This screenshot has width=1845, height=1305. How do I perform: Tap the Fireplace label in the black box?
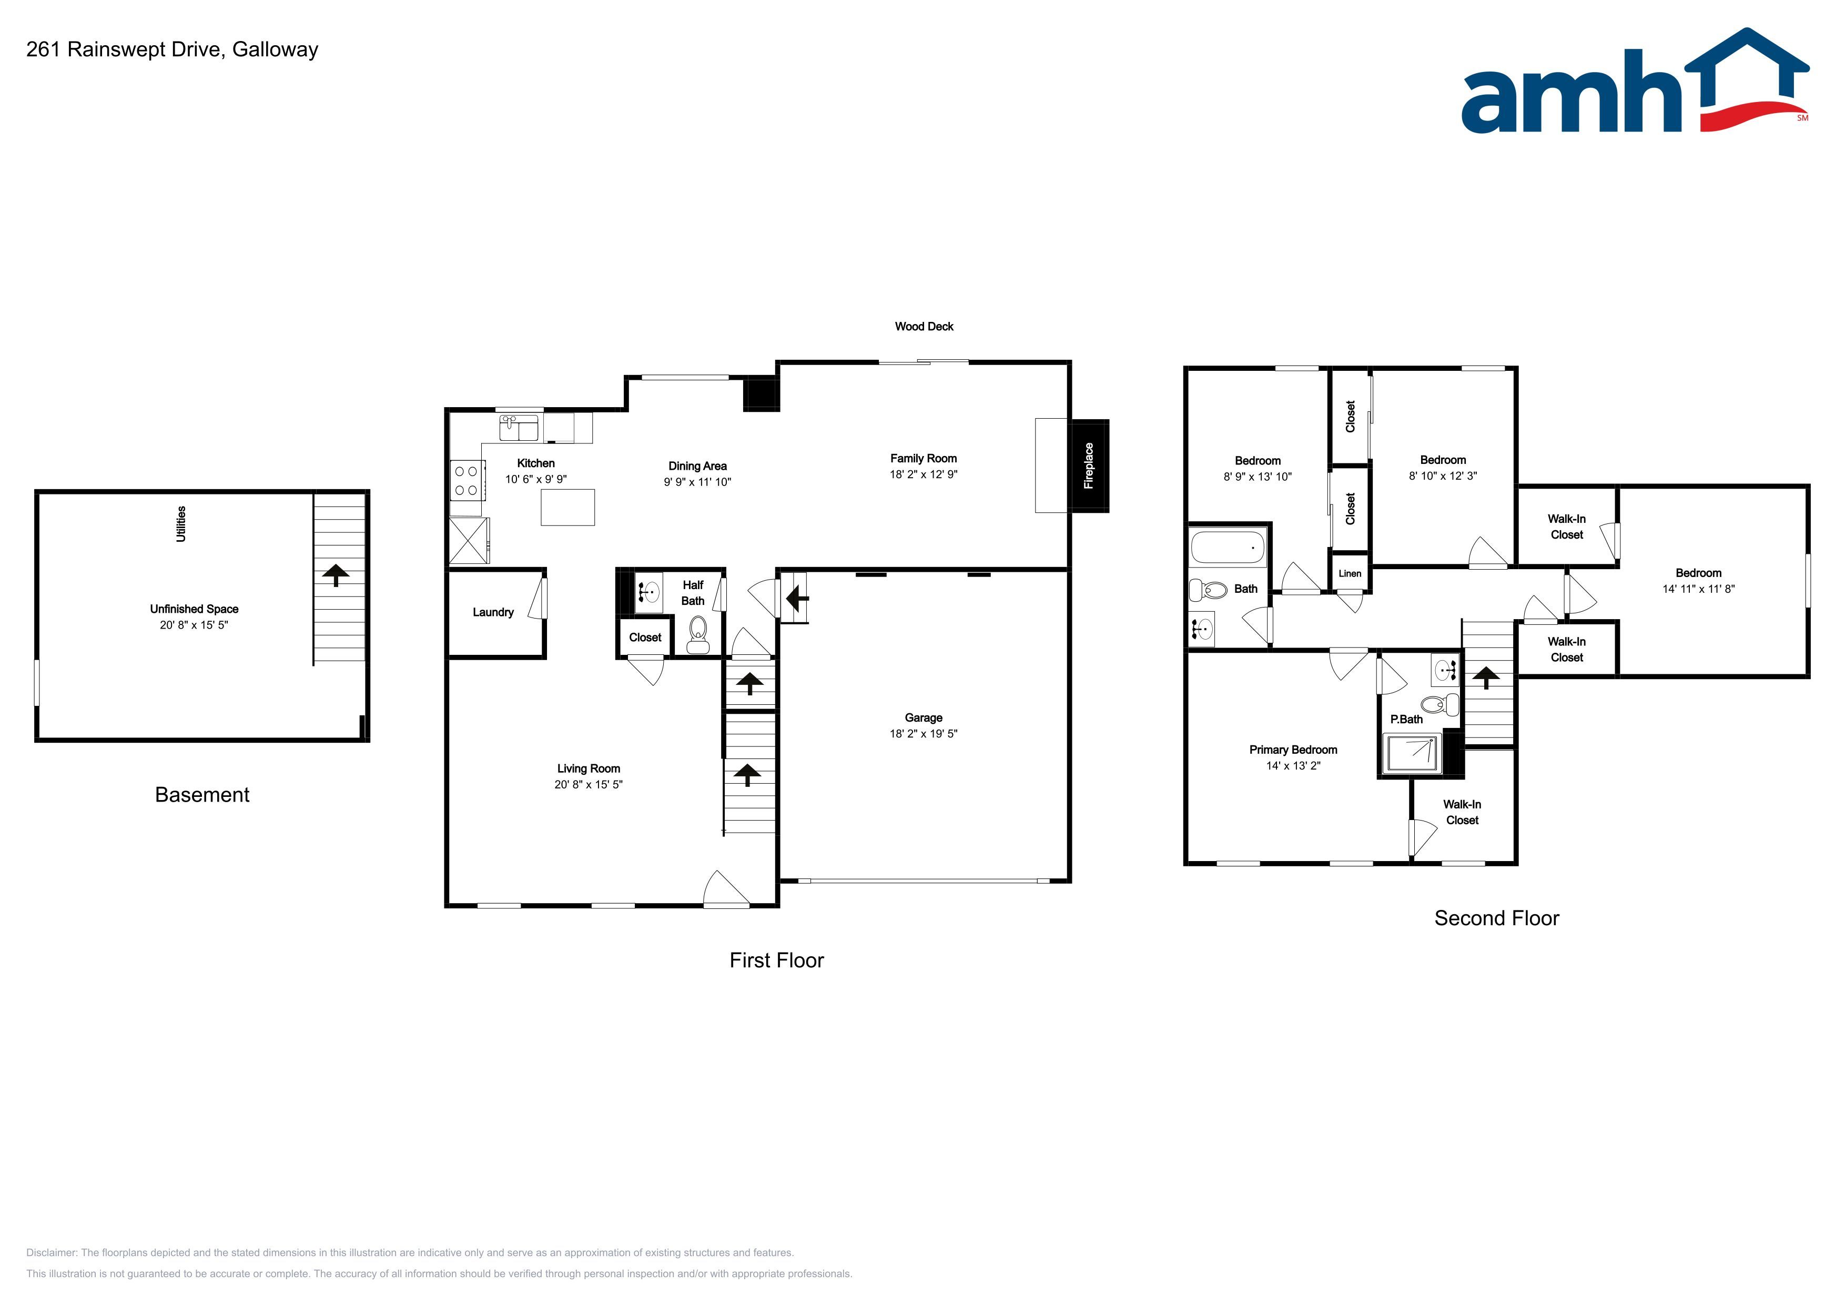pyautogui.click(x=1089, y=466)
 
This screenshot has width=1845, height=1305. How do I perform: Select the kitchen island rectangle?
pyautogui.click(x=567, y=507)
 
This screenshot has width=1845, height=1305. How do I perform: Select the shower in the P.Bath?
pyautogui.click(x=1412, y=754)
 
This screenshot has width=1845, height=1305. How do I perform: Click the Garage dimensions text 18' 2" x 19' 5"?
pyautogui.click(x=924, y=734)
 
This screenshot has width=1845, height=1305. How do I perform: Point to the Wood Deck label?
pyautogui.click(x=924, y=326)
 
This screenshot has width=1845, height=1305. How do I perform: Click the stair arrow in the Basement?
pyautogui.click(x=336, y=574)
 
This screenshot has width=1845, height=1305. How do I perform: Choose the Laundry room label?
pyautogui.click(x=493, y=612)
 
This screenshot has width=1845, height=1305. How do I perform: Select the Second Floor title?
pyautogui.click(x=1496, y=918)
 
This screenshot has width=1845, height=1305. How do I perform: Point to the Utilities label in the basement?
pyautogui.click(x=181, y=524)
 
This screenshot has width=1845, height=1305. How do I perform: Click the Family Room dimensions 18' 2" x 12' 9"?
pyautogui.click(x=924, y=474)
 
